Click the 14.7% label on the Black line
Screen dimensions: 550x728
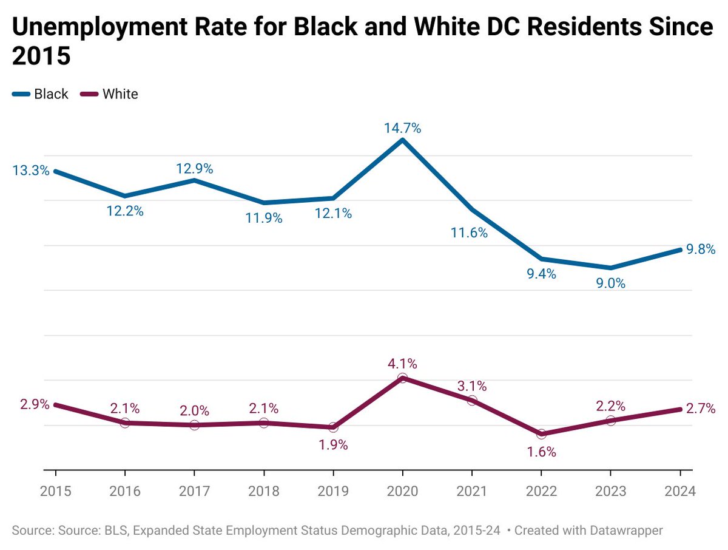402,128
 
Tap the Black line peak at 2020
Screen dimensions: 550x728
402,140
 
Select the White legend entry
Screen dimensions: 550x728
120,94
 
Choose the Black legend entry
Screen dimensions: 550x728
51,94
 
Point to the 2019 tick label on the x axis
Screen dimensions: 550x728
333,491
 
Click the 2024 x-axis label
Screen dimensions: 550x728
679,491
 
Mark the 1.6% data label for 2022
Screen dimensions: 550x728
541,452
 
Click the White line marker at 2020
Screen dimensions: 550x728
402,378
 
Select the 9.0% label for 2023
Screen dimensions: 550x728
610,283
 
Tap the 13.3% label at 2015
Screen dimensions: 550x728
31,171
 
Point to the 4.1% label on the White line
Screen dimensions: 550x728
402,364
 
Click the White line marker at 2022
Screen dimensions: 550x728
541,434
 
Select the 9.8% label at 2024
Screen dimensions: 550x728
701,249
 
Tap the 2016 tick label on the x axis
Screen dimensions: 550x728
125,491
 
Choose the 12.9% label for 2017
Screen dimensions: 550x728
194,169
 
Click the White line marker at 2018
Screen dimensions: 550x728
264,423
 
